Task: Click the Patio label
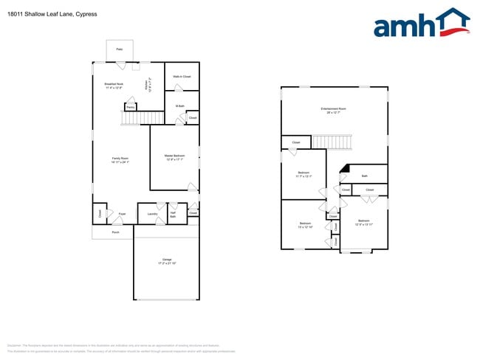click(x=119, y=49)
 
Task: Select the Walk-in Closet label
click(x=182, y=77)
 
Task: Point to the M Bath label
click(x=179, y=106)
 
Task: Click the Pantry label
click(x=129, y=108)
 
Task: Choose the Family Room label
click(x=120, y=160)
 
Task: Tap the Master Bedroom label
click(x=174, y=157)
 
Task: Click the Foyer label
click(x=122, y=214)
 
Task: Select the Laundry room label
click(x=152, y=214)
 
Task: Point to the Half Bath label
click(x=173, y=215)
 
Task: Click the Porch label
click(x=115, y=232)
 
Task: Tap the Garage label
click(x=166, y=261)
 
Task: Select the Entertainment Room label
click(x=334, y=110)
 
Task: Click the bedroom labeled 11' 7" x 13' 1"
click(x=304, y=174)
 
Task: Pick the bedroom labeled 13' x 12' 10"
click(x=305, y=225)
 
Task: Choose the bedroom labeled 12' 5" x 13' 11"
click(x=363, y=222)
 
